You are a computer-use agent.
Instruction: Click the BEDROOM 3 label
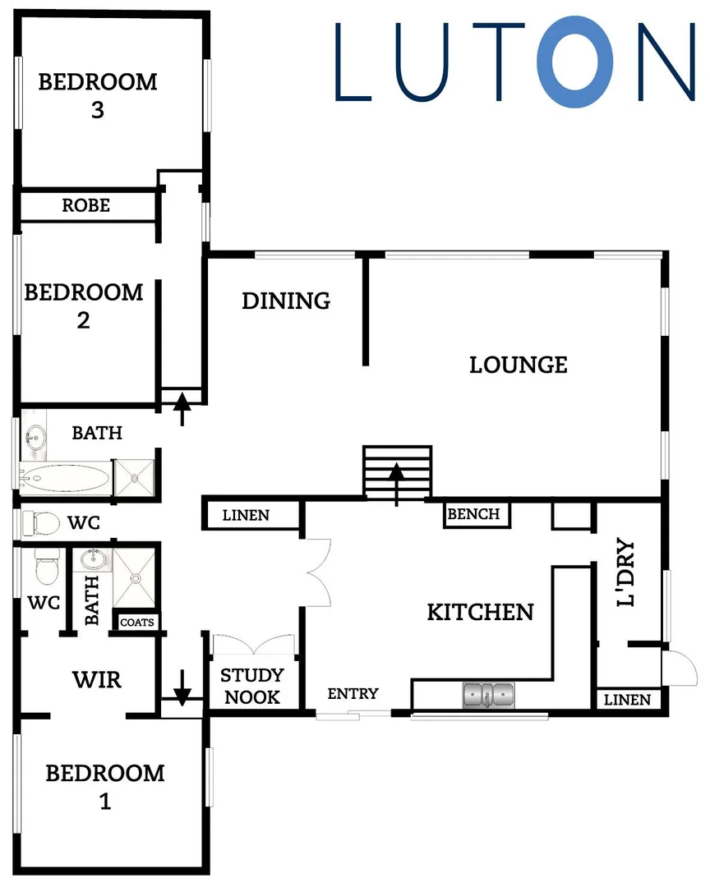tap(98, 95)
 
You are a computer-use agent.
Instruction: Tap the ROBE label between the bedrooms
tap(86, 205)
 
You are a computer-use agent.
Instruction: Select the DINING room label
tap(286, 301)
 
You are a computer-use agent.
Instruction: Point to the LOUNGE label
tap(519, 364)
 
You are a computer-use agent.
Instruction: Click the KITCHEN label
tap(481, 612)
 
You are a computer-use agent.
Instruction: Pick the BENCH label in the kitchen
tap(473, 514)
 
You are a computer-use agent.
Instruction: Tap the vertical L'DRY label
tap(627, 573)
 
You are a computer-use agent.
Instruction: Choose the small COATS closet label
tap(136, 623)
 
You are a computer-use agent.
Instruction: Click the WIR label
tap(97, 680)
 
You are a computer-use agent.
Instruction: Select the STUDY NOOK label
tap(252, 686)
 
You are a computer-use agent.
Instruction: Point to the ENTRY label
tap(353, 694)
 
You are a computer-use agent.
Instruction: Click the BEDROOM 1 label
tap(104, 786)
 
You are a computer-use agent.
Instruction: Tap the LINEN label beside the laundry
tap(627, 700)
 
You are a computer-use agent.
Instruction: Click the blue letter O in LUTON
tap(575, 62)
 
